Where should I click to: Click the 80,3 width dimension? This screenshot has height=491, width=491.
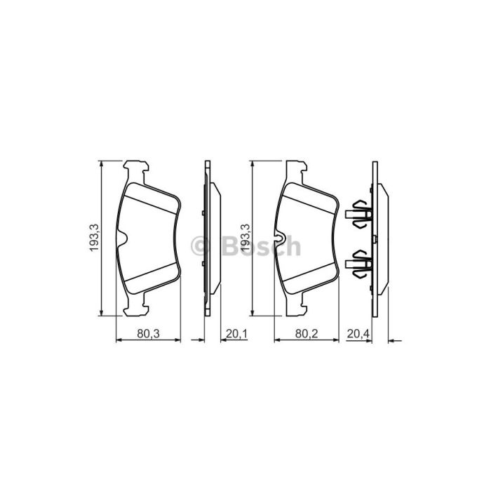pos(149,334)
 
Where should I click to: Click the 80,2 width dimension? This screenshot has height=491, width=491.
pos(307,334)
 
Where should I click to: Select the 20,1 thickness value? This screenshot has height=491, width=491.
pos(237,334)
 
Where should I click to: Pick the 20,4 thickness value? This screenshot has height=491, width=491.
pos(358,334)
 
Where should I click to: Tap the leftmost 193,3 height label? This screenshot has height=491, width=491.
pos(94,237)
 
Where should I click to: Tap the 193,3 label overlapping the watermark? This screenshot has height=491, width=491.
pos(245,237)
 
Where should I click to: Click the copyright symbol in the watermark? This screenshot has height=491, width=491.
pos(201,245)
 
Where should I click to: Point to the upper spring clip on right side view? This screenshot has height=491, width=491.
pos(359,215)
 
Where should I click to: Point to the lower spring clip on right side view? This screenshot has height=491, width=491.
pos(359,264)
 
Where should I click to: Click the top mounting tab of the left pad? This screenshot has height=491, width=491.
pos(135,172)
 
